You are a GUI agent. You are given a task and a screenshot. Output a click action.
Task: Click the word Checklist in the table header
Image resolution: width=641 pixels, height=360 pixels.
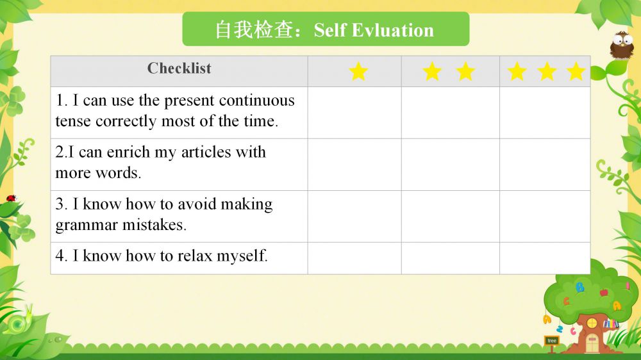pyautogui.click(x=179, y=69)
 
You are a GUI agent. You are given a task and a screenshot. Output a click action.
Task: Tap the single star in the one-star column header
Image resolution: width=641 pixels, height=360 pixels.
pyautogui.click(x=358, y=72)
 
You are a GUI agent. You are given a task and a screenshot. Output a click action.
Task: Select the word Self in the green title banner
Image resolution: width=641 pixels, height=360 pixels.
pyautogui.click(x=330, y=30)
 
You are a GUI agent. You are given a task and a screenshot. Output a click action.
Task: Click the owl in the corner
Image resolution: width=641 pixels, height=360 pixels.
pyautogui.click(x=622, y=45)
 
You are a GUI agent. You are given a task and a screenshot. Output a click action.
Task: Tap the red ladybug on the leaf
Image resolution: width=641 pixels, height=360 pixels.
pyautogui.click(x=11, y=198)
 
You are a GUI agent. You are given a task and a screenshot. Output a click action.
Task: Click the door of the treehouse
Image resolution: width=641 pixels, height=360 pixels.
pyautogui.click(x=592, y=343)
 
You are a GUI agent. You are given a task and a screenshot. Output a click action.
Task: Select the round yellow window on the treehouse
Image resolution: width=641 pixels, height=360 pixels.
pyautogui.click(x=592, y=323)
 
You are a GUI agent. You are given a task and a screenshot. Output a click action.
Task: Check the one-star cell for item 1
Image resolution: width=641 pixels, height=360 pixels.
pyautogui.click(x=354, y=113)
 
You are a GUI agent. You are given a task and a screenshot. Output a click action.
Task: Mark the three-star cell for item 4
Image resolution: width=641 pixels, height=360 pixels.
pyautogui.click(x=545, y=258)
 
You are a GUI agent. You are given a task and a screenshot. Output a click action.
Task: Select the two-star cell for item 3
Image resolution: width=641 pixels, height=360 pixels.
pyautogui.click(x=451, y=217)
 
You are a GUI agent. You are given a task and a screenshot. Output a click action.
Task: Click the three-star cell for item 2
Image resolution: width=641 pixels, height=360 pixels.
pyautogui.click(x=545, y=165)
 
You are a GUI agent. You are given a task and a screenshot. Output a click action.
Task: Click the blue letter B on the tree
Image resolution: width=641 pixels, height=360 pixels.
pyautogui.click(x=579, y=287)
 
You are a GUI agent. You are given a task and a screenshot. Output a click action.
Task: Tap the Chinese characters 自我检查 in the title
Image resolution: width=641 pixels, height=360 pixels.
pyautogui.click(x=254, y=30)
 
